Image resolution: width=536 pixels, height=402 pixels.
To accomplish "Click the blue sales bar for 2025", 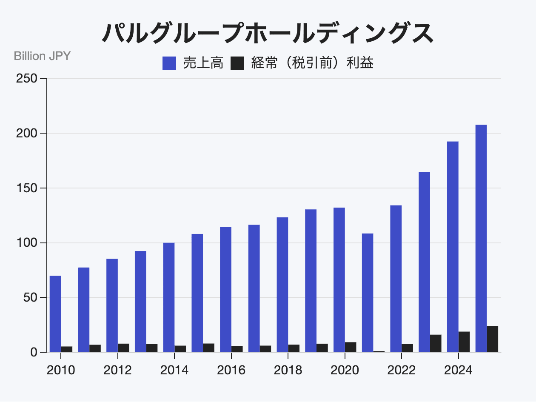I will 481,238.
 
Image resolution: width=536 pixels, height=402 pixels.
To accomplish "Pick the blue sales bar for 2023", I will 424,262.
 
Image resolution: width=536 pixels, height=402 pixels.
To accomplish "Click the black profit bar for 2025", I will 493,339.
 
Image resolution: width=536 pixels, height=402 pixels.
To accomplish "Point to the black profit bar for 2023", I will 436,343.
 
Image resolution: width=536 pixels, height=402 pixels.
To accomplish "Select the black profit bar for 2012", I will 123,348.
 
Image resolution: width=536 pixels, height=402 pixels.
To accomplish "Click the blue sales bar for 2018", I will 282,285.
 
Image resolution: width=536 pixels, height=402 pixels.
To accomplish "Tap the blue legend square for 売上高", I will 169,64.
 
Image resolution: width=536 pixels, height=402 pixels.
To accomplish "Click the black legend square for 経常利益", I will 237,64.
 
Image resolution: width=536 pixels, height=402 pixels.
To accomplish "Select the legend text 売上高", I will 203,64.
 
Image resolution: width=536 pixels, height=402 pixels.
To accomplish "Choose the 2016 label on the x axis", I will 231,370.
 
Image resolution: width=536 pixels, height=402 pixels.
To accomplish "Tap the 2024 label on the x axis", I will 458,370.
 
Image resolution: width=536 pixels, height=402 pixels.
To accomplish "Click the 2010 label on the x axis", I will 61,370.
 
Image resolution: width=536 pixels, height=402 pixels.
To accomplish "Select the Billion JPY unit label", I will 42,56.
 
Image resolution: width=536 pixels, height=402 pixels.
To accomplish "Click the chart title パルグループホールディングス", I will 268,33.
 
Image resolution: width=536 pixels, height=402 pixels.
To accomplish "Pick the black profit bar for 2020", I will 351,347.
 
